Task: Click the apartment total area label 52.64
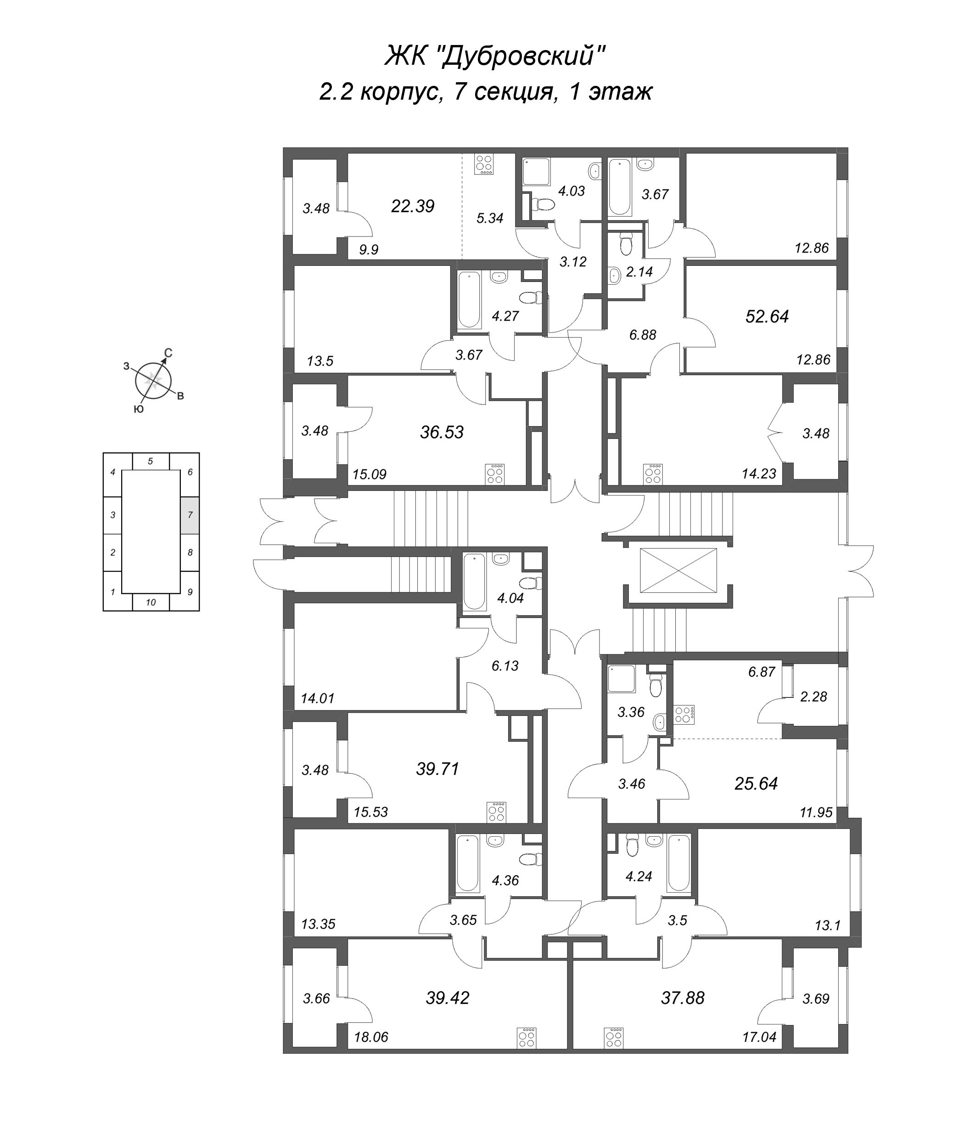click(x=767, y=316)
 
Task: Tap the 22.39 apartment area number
click(x=412, y=206)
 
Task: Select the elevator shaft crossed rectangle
click(x=678, y=571)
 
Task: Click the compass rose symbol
click(x=154, y=380)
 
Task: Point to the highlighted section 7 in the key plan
click(x=190, y=515)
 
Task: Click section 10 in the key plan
click(x=151, y=602)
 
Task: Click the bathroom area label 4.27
click(x=505, y=316)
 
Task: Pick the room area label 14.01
click(x=318, y=698)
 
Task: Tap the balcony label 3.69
click(x=816, y=999)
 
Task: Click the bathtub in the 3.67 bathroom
click(x=620, y=187)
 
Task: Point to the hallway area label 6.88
click(x=642, y=335)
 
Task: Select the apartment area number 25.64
click(x=756, y=783)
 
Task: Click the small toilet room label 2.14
click(x=639, y=271)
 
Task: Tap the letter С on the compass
click(x=168, y=353)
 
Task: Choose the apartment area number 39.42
click(x=447, y=998)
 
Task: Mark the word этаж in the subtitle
click(x=621, y=92)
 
